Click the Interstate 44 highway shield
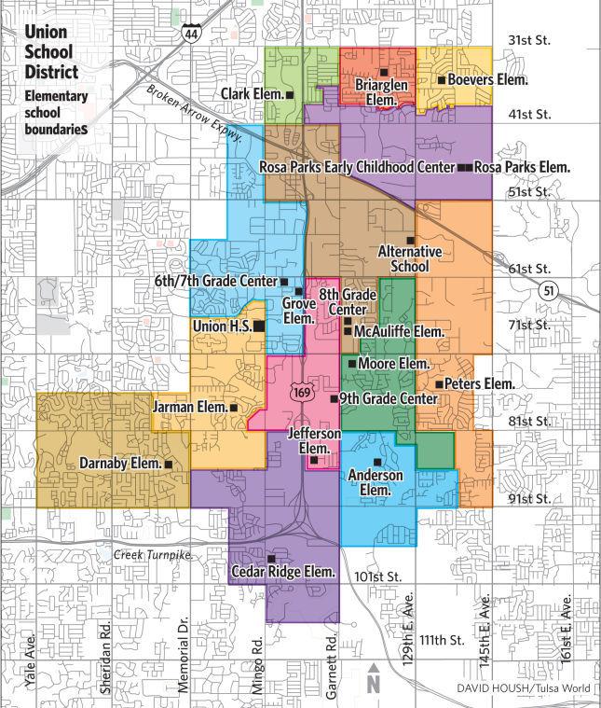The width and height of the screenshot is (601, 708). [190, 35]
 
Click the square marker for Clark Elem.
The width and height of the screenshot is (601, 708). [290, 94]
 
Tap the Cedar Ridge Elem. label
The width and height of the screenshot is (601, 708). [283, 571]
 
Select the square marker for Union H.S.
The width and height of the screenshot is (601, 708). [259, 326]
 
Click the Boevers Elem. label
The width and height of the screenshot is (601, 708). [487, 80]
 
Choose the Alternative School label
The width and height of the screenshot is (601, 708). [410, 258]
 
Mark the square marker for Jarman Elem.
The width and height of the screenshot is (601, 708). [233, 408]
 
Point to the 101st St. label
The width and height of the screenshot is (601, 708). [377, 575]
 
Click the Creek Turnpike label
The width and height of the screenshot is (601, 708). [153, 555]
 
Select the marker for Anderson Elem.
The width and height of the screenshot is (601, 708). [377, 463]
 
